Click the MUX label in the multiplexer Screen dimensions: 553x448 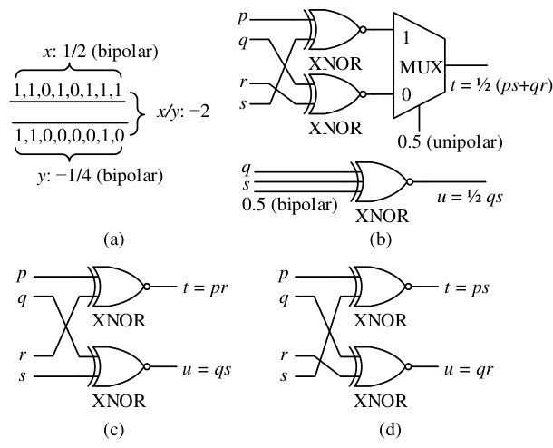(422, 67)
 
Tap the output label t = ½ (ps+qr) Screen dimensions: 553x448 (501, 86)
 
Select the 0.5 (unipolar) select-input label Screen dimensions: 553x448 (450, 142)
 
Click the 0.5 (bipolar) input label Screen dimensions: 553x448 (289, 205)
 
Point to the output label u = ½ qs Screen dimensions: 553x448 (470, 197)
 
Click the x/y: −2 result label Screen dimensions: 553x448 (183, 112)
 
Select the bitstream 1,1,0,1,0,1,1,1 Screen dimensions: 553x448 (68, 91)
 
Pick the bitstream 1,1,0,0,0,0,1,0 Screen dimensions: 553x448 (70, 135)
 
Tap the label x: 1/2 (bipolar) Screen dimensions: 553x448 (101, 53)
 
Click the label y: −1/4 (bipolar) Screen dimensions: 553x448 (100, 176)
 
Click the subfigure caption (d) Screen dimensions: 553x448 (391, 430)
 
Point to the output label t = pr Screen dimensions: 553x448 (206, 288)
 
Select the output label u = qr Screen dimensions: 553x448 (468, 370)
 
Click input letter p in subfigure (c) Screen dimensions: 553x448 (22, 276)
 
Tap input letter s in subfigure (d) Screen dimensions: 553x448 (284, 376)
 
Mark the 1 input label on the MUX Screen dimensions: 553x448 (406, 38)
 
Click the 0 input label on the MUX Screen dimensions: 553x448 (406, 94)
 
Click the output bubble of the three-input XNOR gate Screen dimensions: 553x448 (410, 181)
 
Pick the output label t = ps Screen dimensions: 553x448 (467, 288)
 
